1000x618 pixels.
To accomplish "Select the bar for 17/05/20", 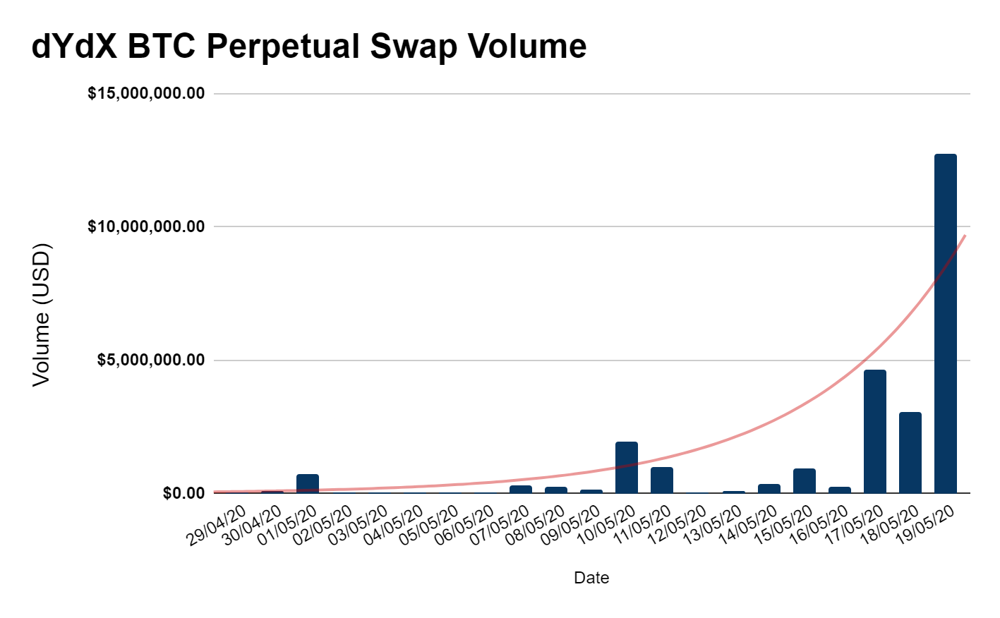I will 874,431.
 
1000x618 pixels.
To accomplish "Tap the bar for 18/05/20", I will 910,452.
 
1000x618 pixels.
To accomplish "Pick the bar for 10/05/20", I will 626,467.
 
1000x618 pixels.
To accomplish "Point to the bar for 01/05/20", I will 307,483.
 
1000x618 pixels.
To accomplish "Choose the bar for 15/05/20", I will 804,480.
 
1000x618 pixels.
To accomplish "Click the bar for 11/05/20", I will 661,480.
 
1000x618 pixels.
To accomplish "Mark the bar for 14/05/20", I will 769,488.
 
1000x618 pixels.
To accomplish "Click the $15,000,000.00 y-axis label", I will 146,94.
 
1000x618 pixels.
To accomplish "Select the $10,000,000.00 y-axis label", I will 146,226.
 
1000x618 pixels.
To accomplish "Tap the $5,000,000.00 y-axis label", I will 150,360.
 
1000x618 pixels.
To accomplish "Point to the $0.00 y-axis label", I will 183,493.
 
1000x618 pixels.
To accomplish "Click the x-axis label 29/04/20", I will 216,526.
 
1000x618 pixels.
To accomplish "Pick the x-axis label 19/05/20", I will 925,526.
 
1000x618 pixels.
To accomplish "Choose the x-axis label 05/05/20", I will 428,526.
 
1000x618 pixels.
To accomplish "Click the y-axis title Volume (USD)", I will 42,314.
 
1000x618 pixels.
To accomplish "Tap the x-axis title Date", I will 591,578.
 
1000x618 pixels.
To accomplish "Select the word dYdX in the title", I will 75,47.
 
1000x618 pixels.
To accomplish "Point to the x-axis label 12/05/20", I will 677,526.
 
